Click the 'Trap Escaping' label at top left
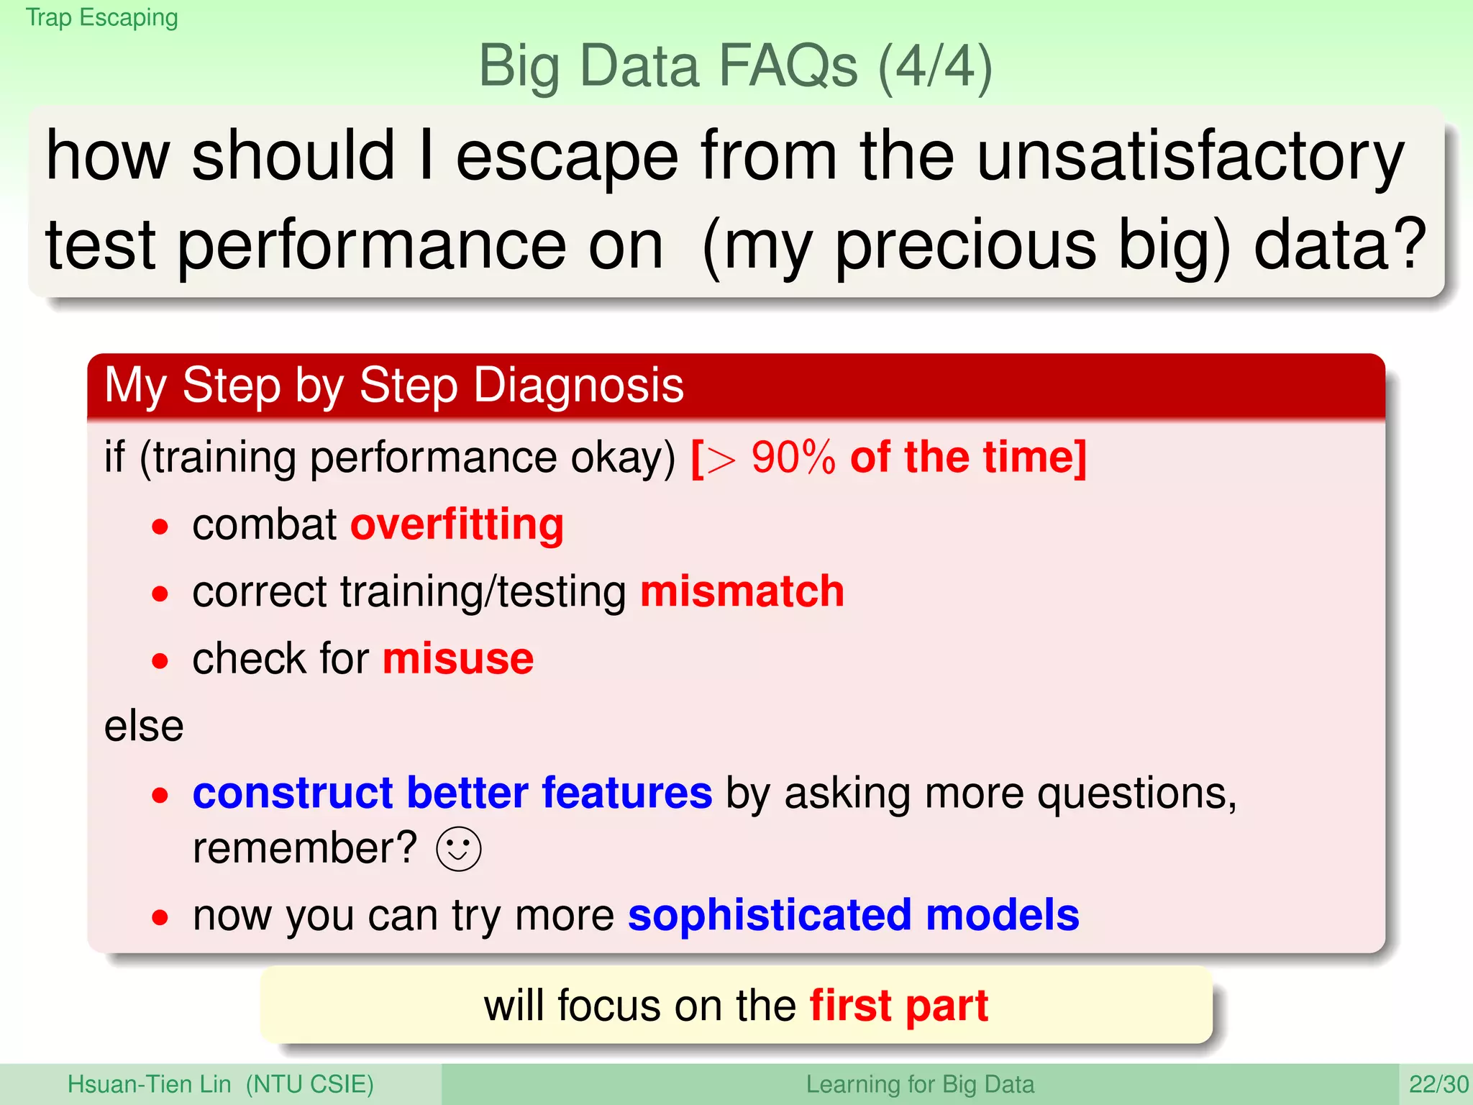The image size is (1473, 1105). pos(101,17)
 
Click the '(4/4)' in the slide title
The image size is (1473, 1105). pos(935,67)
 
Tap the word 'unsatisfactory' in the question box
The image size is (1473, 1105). pos(1190,156)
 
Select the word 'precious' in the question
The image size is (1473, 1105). pos(965,246)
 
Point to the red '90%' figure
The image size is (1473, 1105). pos(793,458)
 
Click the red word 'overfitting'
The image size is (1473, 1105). pos(457,524)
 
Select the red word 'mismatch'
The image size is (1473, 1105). pos(742,591)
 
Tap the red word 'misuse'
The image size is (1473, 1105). pos(458,659)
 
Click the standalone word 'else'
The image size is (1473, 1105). pos(144,726)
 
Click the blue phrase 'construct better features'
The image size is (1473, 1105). pos(452,793)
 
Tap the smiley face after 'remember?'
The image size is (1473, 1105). pos(458,849)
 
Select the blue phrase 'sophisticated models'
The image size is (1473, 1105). pos(853,915)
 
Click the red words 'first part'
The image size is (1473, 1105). pos(898,1005)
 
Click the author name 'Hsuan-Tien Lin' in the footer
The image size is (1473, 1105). pos(149,1084)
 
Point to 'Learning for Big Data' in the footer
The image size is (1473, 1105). pos(919,1084)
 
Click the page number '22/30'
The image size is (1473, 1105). pos(1438,1084)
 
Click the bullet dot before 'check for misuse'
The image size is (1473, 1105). pos(160,660)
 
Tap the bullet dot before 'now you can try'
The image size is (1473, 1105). pos(160,917)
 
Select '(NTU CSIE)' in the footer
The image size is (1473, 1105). pos(309,1084)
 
